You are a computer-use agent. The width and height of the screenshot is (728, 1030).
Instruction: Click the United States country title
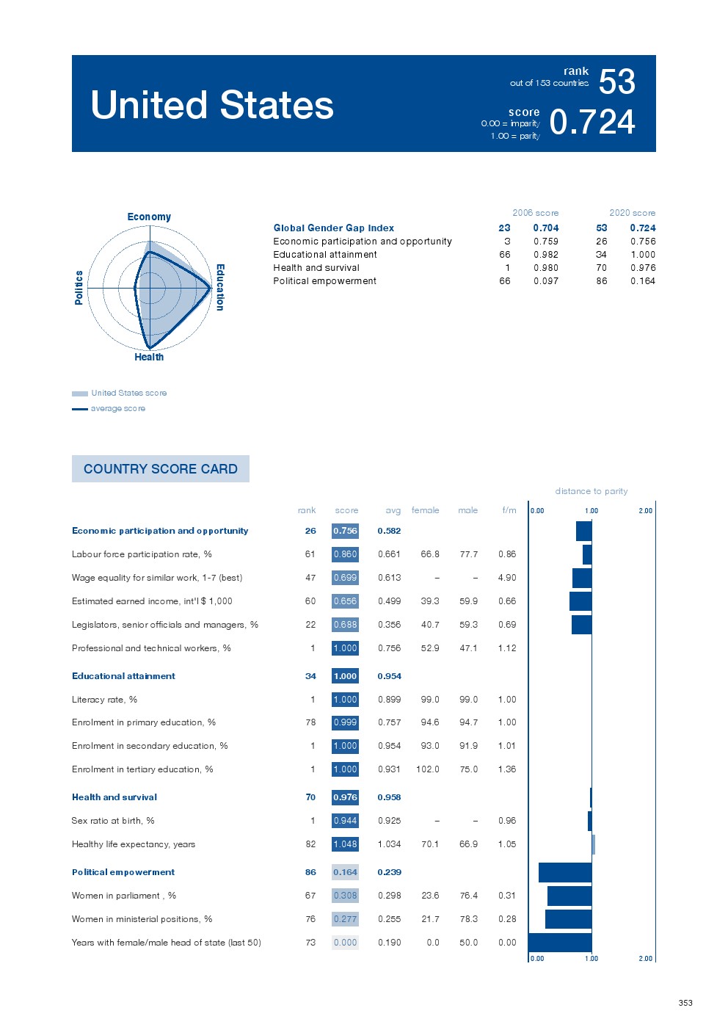(x=212, y=105)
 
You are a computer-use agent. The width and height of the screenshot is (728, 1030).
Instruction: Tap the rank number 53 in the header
(x=616, y=81)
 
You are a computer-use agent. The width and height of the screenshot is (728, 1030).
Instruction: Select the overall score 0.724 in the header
(x=591, y=122)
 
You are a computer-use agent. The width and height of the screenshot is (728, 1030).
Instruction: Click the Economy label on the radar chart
(x=149, y=217)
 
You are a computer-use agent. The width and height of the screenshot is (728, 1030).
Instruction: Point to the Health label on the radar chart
(x=149, y=357)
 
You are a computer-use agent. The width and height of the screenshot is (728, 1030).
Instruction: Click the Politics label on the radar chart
(x=79, y=287)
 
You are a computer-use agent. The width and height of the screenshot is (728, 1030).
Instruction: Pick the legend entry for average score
(x=117, y=408)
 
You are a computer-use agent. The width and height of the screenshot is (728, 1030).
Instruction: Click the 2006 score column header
(x=535, y=213)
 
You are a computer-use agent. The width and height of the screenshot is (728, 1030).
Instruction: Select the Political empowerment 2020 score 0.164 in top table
(x=642, y=281)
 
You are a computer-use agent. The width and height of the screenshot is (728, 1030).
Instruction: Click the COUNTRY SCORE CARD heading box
(x=161, y=468)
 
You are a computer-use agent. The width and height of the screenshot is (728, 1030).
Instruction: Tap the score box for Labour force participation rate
(x=345, y=554)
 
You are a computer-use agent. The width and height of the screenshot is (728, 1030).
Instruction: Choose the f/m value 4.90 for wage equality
(x=507, y=578)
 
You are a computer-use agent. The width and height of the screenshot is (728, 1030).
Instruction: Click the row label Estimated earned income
(x=152, y=601)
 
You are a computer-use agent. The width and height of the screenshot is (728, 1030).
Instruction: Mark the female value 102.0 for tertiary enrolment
(x=427, y=769)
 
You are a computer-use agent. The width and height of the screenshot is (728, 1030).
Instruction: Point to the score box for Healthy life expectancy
(x=345, y=844)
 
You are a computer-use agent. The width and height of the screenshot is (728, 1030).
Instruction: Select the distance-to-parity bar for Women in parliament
(x=569, y=896)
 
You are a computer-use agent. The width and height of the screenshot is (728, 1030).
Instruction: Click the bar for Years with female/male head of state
(x=560, y=943)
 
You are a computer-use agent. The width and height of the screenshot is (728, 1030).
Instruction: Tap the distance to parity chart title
(x=591, y=491)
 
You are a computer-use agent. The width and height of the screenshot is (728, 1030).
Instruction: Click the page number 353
(x=685, y=1003)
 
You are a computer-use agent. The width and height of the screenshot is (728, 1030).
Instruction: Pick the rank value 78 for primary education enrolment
(x=310, y=722)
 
